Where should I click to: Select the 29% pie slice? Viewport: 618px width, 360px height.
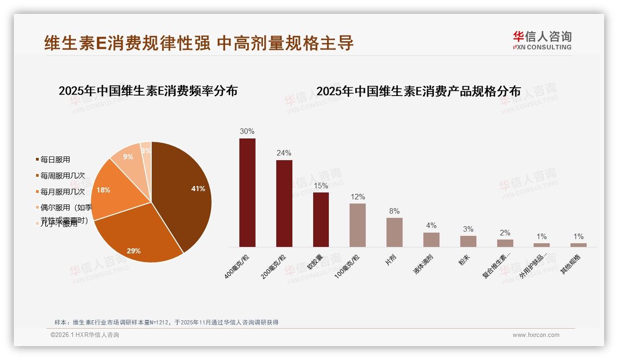(138, 235)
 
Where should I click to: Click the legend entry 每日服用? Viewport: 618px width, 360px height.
(55, 160)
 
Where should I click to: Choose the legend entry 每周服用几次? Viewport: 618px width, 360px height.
(62, 176)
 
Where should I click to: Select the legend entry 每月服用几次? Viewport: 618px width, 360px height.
(62, 192)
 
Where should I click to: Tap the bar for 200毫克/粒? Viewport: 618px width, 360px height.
(284, 204)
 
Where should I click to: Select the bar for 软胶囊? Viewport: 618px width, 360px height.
(321, 220)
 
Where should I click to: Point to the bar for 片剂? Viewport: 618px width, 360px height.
(394, 232)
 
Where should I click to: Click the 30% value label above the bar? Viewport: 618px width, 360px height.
(247, 131)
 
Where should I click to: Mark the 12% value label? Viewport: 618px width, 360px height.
(357, 197)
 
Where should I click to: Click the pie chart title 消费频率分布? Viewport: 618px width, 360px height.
(148, 91)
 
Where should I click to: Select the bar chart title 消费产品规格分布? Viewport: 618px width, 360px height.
(418, 91)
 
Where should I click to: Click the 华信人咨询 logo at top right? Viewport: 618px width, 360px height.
(542, 40)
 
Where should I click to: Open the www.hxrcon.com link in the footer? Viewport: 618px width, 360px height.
(536, 335)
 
